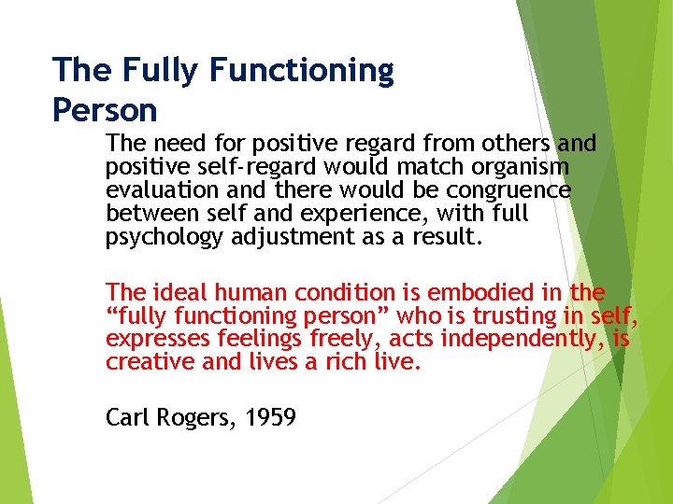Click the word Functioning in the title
302,71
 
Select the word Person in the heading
105,111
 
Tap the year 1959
270,417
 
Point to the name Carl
127,417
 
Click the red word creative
150,361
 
